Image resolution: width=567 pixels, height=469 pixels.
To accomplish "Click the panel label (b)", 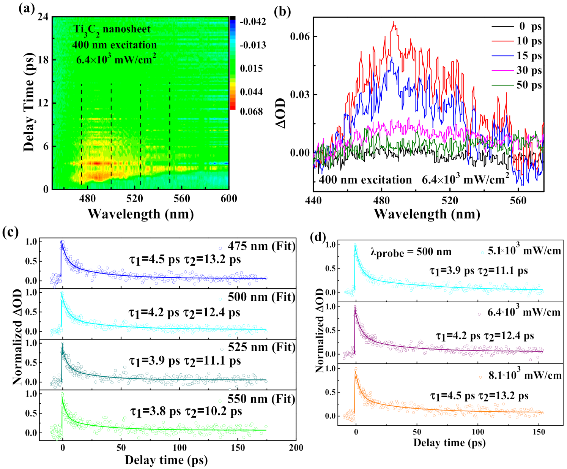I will coord(282,11).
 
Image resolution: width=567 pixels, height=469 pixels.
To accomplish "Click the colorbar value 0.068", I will coord(251,111).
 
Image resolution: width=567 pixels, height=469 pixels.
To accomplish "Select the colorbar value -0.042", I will coord(253,21).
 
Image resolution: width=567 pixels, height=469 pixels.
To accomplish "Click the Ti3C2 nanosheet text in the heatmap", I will coord(112,29).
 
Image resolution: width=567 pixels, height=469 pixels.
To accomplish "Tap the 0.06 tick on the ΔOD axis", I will coord(300,36).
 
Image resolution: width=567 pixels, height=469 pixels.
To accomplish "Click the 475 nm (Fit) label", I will coord(261,246).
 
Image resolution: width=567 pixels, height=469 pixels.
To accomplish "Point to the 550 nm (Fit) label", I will coord(261,399).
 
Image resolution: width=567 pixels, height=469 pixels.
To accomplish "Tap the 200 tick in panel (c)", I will coord(296,448).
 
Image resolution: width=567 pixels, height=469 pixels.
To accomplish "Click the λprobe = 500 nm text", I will coord(411,252).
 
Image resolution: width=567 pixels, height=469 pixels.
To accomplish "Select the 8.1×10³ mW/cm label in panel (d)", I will coord(524,375).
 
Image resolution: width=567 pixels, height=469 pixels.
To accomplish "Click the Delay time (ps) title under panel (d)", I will coord(449,442).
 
